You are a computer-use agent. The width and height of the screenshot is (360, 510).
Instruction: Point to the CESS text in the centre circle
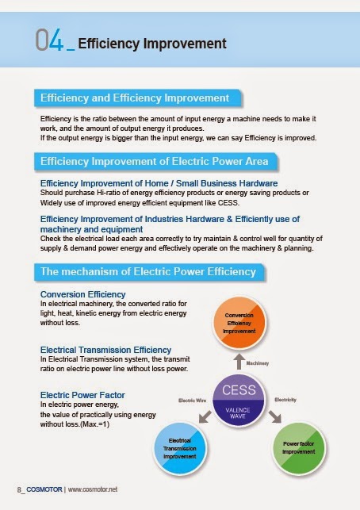click(x=239, y=390)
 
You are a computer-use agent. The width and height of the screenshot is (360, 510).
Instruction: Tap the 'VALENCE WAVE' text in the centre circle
click(x=239, y=410)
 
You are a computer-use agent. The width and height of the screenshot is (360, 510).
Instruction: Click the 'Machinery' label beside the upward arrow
click(x=259, y=363)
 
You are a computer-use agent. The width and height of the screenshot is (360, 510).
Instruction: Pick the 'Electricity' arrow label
click(x=285, y=400)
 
